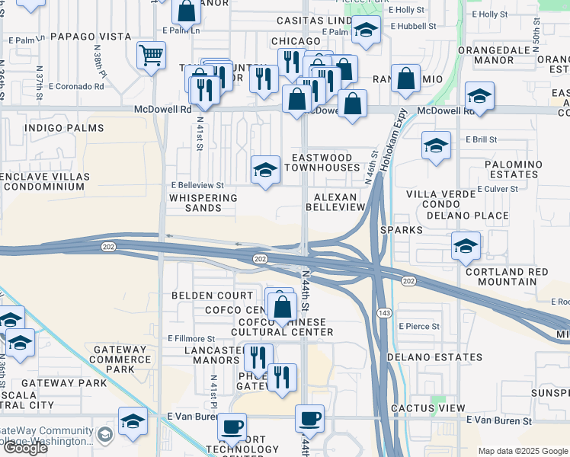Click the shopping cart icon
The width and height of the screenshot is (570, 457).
[151, 55]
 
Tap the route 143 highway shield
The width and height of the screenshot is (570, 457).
[384, 313]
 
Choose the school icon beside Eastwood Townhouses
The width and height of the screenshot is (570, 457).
[265, 169]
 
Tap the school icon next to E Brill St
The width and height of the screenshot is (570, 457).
[436, 145]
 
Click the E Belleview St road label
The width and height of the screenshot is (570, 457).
[197, 184]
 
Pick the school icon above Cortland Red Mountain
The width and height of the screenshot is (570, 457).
[466, 245]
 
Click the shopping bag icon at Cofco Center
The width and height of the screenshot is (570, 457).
[283, 306]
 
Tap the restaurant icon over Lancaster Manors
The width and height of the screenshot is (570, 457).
[258, 356]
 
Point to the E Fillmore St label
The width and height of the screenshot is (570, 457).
[191, 338]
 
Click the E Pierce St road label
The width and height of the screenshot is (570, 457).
[418, 326]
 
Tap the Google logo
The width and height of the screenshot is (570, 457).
[24, 448]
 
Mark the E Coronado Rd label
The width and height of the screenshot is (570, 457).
[75, 86]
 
